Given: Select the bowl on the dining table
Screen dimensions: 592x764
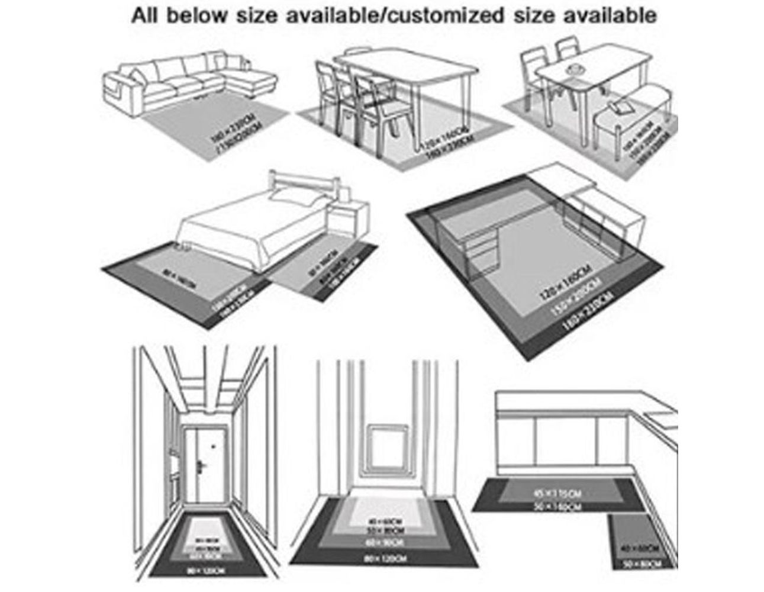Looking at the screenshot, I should coord(573,72).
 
